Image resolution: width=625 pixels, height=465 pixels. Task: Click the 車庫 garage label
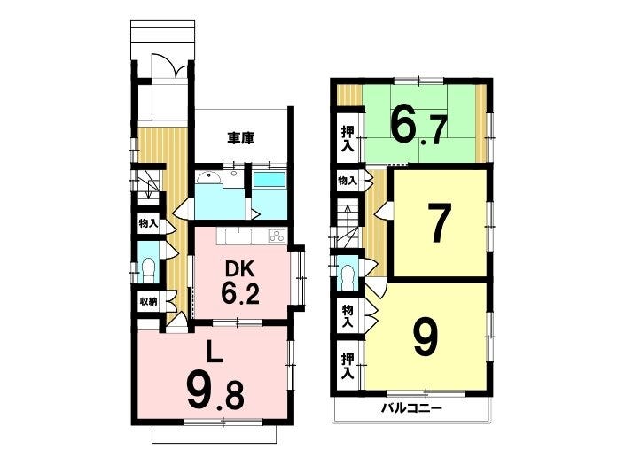[x=241, y=138]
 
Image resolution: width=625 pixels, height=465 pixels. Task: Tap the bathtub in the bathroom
[x=270, y=179]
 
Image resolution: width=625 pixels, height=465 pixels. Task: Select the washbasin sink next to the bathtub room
[x=209, y=177]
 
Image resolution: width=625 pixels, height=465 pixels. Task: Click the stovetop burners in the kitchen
[x=277, y=236]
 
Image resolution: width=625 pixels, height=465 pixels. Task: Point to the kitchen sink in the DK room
[x=238, y=236]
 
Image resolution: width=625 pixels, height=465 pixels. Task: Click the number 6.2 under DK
[x=240, y=295]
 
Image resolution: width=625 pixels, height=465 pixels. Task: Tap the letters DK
[x=240, y=271]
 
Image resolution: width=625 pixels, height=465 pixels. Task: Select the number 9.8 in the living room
[x=215, y=391]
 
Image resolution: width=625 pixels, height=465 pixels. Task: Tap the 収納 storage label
[x=148, y=301]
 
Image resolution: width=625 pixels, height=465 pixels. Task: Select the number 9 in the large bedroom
[x=426, y=337]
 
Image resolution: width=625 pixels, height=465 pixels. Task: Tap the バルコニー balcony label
[x=411, y=408]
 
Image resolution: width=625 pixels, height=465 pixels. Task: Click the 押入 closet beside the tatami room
[x=348, y=139]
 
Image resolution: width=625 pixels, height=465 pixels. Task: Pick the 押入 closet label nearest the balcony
[x=348, y=366]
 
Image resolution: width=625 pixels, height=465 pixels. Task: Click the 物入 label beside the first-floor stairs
[x=148, y=224]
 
